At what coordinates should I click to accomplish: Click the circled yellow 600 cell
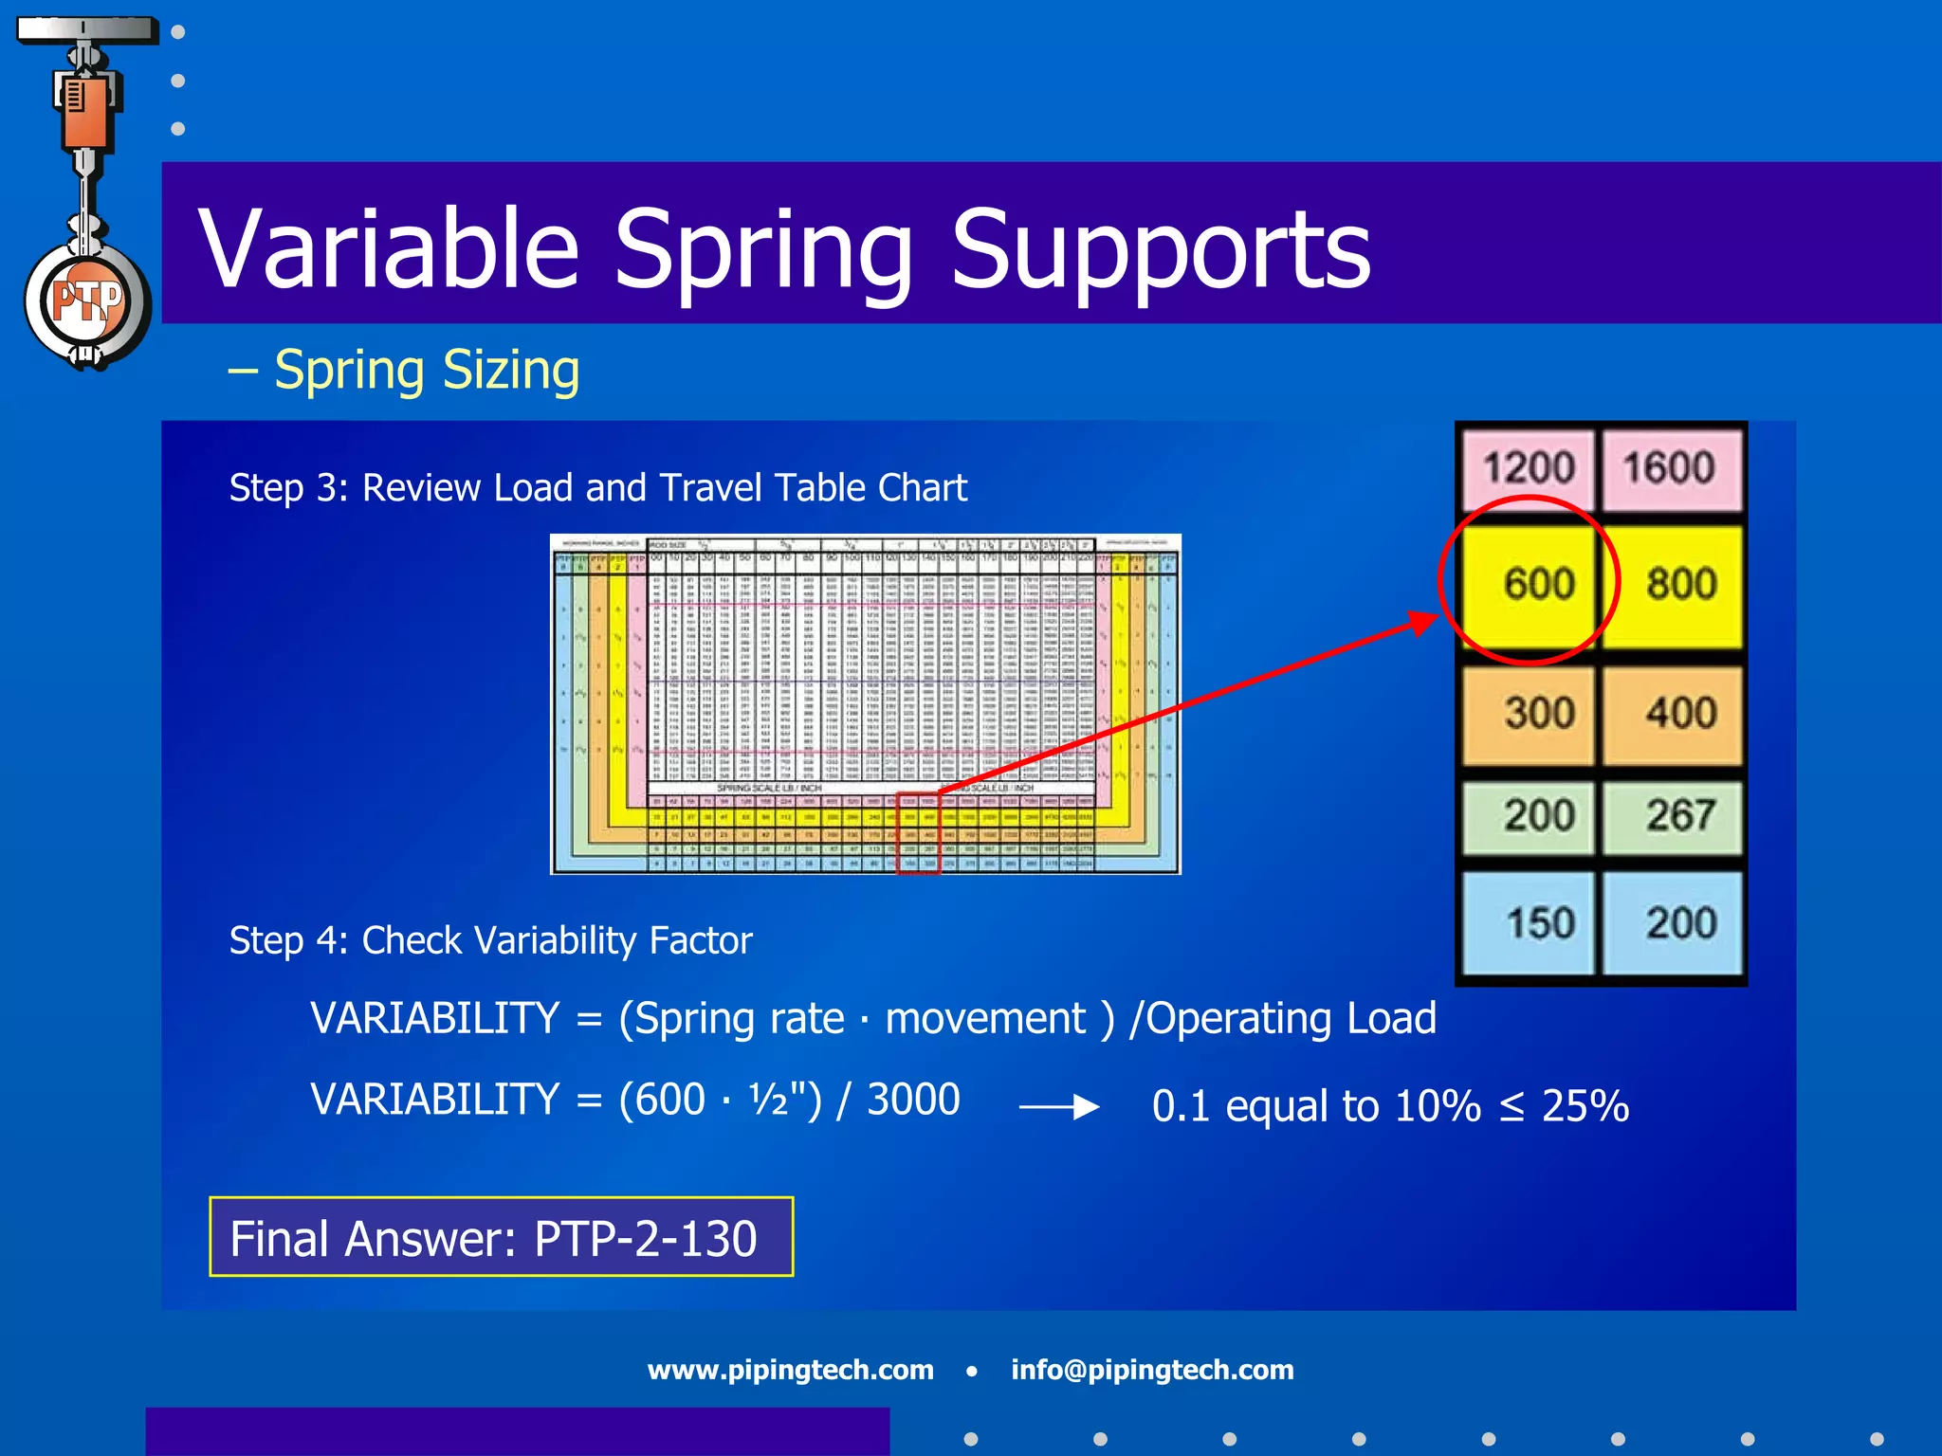1530,583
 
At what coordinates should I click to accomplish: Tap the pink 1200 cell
1528,468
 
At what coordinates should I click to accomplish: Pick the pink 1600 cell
1670,468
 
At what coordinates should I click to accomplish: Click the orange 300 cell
1530,713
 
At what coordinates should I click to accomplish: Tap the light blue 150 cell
1530,922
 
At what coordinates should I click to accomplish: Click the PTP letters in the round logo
86,302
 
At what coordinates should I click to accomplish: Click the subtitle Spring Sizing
426,370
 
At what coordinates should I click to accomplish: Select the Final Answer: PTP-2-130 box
501,1237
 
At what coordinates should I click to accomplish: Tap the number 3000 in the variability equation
913,1100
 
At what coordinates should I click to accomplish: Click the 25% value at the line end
1585,1105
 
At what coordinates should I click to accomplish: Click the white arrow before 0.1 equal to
1058,1106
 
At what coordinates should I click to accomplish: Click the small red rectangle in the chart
918,832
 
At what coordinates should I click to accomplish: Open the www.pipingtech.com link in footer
790,1370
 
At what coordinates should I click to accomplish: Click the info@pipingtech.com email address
1151,1370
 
